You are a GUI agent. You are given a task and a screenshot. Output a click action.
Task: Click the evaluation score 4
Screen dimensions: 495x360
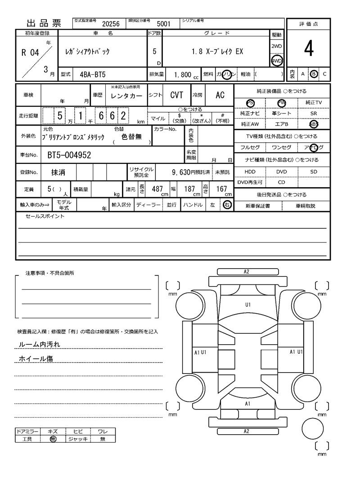coord(308,49)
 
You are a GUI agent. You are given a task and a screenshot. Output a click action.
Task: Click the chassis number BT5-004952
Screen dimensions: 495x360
coord(69,156)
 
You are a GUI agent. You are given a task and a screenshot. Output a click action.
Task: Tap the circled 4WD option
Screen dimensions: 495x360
coord(277,61)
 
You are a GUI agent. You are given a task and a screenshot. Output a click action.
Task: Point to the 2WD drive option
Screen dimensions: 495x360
coord(277,46)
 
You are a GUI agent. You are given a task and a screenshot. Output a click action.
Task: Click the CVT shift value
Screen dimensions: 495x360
coord(176,95)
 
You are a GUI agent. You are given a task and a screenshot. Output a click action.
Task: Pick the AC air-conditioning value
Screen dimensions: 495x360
coord(220,95)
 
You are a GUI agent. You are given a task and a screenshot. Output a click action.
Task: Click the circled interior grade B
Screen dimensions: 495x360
coord(314,74)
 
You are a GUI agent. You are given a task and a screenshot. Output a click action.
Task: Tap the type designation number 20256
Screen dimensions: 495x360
coord(111,24)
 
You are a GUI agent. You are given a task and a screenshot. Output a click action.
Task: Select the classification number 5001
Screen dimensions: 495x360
coord(163,24)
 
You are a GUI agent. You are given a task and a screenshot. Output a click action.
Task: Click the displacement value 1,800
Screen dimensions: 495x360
coord(182,75)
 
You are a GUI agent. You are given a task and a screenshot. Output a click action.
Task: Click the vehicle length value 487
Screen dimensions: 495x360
coord(157,189)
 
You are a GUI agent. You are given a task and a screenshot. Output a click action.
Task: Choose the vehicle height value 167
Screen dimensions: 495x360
coord(221,189)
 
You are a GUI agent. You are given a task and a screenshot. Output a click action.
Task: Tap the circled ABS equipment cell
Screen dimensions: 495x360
coord(314,124)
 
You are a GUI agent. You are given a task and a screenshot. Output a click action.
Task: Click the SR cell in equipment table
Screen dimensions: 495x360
coord(314,114)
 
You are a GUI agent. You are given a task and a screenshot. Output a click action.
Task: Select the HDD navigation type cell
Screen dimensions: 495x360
coord(250,172)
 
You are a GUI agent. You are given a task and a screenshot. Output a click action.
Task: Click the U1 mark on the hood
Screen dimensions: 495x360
coord(247,305)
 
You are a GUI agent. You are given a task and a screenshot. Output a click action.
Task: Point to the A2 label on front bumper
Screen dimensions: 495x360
coord(247,272)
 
